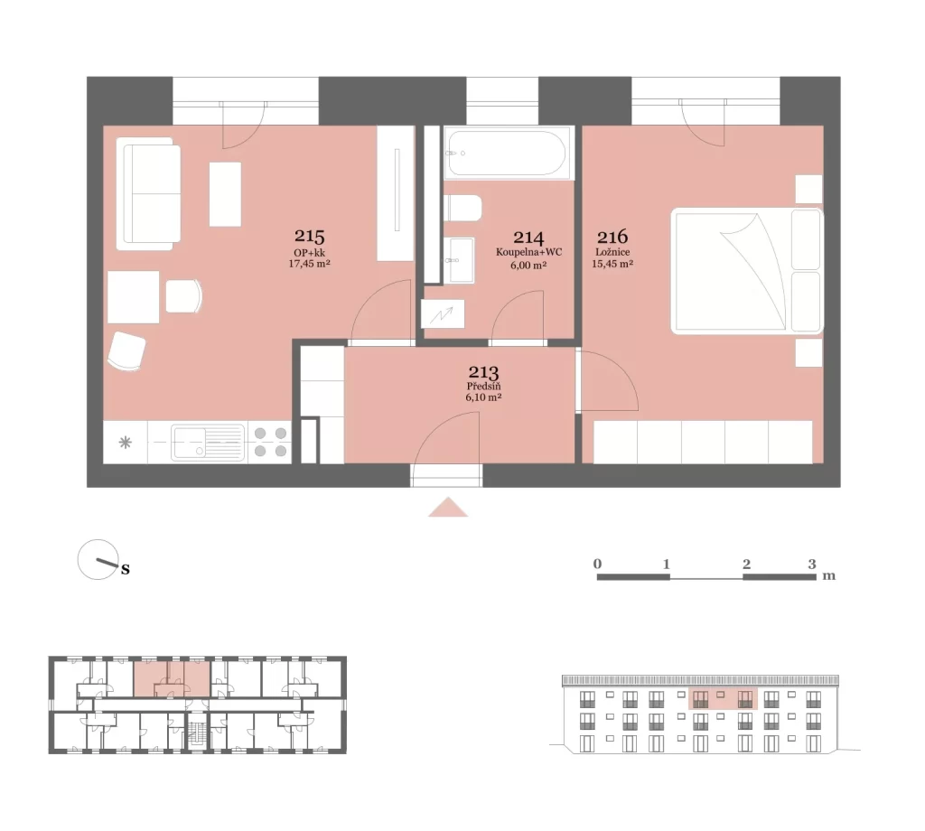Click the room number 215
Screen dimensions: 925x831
[309, 236]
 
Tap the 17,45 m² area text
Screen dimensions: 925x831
[309, 264]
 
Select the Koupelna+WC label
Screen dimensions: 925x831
[528, 252]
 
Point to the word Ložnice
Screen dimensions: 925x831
[612, 252]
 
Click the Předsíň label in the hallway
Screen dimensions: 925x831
[484, 387]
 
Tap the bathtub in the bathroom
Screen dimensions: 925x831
[509, 153]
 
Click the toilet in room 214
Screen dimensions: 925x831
[462, 208]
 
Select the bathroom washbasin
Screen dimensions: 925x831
[459, 260]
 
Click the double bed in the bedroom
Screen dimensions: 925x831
[747, 271]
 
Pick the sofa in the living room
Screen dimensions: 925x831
[148, 194]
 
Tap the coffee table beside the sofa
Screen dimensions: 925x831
[225, 194]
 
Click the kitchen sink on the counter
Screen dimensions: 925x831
[208, 443]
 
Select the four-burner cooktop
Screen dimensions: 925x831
[270, 443]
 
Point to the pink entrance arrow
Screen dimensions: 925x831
[448, 508]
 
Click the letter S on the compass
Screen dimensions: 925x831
[125, 570]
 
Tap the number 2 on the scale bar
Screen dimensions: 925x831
[746, 565]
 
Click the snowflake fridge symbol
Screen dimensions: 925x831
[125, 443]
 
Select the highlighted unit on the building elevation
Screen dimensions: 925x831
[724, 698]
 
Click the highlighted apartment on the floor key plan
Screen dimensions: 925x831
[172, 679]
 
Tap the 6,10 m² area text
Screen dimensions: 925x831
[484, 397]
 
